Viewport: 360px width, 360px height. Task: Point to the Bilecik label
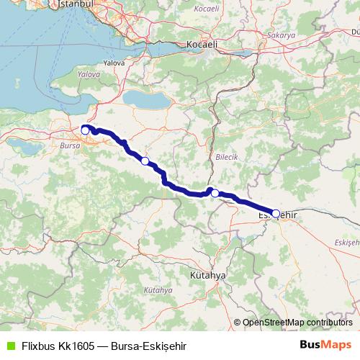click(x=226, y=156)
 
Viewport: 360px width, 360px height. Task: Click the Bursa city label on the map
click(x=71, y=146)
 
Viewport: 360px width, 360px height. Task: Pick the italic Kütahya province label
click(x=158, y=290)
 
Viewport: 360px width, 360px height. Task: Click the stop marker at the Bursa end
click(x=85, y=130)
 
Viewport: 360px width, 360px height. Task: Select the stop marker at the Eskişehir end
click(x=275, y=213)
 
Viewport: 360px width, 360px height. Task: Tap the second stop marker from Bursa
click(x=145, y=161)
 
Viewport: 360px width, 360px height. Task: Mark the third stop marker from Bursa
click(x=214, y=193)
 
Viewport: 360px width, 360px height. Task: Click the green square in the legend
click(x=9, y=346)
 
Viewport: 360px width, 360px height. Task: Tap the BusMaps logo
click(x=326, y=345)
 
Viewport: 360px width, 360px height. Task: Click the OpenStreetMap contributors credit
click(x=297, y=322)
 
